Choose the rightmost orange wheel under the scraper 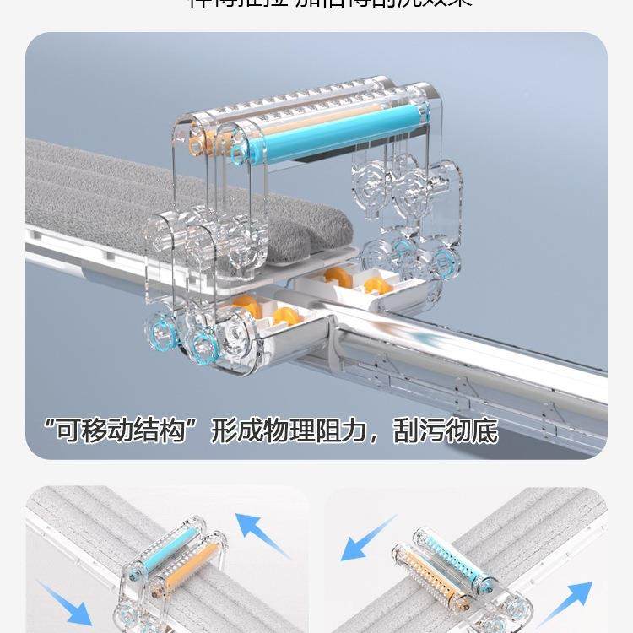tap(377, 286)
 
